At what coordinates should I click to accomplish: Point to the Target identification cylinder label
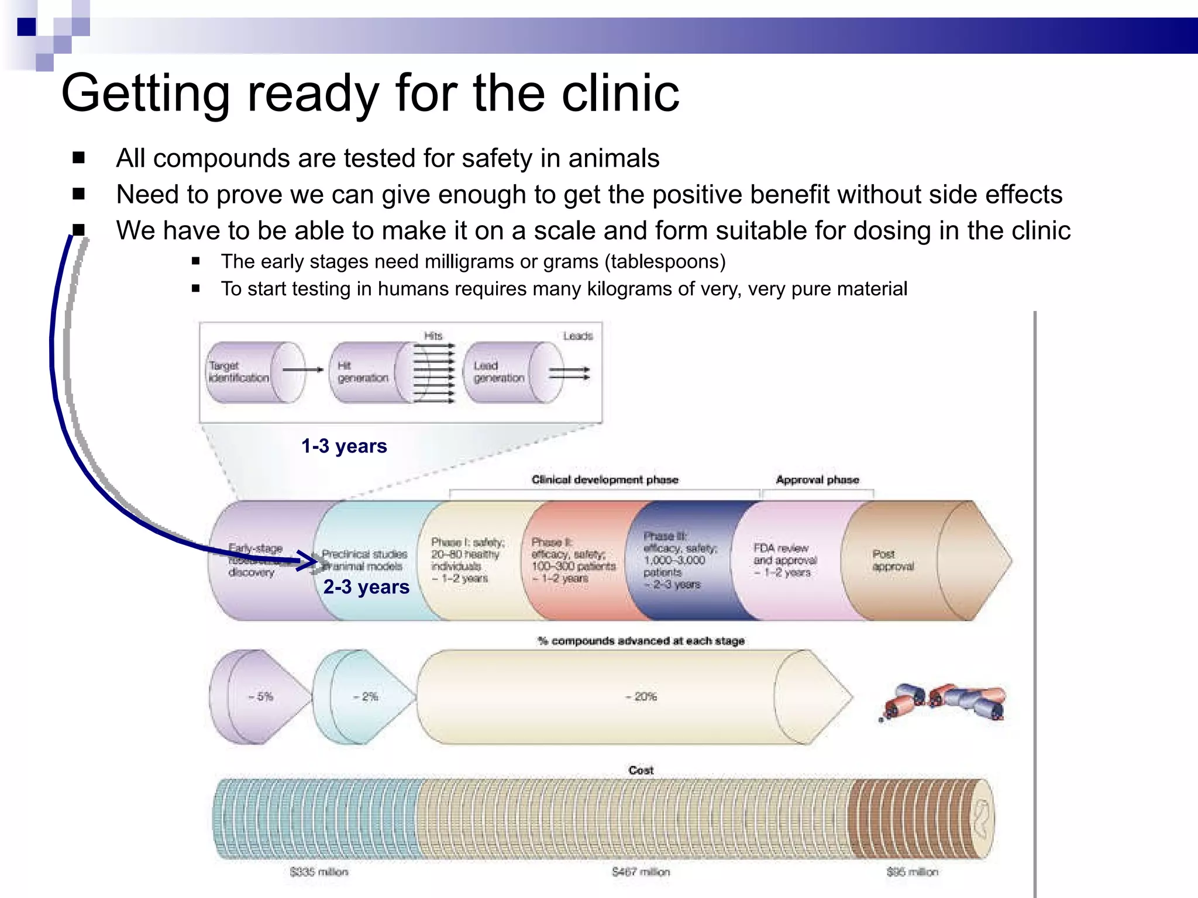pyautogui.click(x=238, y=372)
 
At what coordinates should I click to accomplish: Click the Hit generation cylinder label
pyautogui.click(x=362, y=372)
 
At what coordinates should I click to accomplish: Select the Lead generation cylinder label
pyautogui.click(x=498, y=372)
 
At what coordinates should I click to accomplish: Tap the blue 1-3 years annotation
pyautogui.click(x=344, y=446)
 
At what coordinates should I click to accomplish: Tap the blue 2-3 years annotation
pyautogui.click(x=366, y=587)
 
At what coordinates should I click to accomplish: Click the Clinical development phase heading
pyautogui.click(x=605, y=480)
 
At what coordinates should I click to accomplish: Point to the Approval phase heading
pyautogui.click(x=817, y=480)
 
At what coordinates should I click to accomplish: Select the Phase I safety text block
pyautogui.click(x=467, y=560)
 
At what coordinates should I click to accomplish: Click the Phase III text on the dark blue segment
pyautogui.click(x=679, y=560)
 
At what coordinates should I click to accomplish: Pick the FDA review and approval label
pyautogui.click(x=784, y=560)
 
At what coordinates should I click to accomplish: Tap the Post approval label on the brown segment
pyautogui.click(x=892, y=560)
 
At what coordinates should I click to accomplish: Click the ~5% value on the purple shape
pyautogui.click(x=261, y=697)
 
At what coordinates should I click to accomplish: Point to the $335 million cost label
pyautogui.click(x=319, y=872)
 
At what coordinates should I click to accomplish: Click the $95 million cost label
pyautogui.click(x=912, y=872)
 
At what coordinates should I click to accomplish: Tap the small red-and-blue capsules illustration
pyautogui.click(x=944, y=702)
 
